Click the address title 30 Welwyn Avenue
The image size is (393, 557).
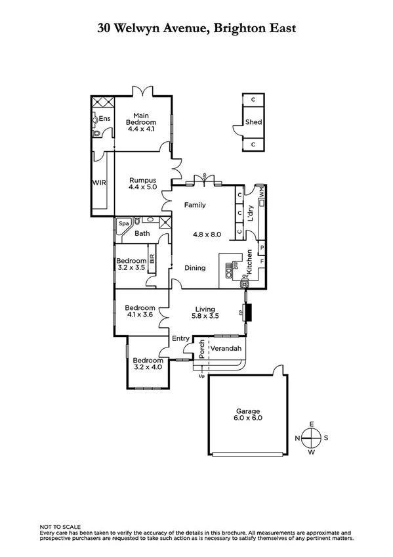click(196, 28)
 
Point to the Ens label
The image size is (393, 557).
click(104, 119)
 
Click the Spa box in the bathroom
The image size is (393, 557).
click(123, 224)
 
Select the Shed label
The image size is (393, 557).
click(253, 122)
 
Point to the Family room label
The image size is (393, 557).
click(194, 205)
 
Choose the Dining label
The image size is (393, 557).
click(194, 267)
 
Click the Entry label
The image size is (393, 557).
click(180, 338)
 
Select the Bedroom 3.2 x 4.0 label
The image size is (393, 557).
click(148, 363)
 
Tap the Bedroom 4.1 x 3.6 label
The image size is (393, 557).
click(140, 311)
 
